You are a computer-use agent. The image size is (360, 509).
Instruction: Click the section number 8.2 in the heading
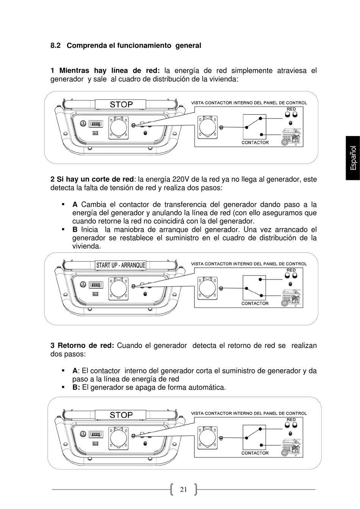tap(55, 46)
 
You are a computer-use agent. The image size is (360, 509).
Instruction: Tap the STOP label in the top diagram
tap(121, 105)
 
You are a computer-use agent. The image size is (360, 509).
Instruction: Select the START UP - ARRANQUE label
tap(121, 265)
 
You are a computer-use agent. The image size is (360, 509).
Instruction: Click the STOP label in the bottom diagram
tap(121, 415)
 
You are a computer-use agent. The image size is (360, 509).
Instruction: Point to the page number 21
tap(184, 489)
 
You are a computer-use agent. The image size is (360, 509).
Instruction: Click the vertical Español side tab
tap(353, 158)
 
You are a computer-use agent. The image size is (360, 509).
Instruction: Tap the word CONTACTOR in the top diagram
tap(255, 143)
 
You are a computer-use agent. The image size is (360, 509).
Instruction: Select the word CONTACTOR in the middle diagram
tap(255, 303)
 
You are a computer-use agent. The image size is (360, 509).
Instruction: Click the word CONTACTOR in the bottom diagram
tap(255, 453)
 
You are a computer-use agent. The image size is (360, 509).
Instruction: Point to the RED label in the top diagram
tap(291, 109)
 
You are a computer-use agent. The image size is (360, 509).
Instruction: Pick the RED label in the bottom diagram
tap(291, 420)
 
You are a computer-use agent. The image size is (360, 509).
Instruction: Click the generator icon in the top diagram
tap(292, 137)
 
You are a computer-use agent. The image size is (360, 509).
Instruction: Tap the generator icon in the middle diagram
tap(292, 298)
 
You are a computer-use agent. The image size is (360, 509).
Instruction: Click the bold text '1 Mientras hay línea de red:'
tap(105, 71)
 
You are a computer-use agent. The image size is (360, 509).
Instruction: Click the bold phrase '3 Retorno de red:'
tap(82, 345)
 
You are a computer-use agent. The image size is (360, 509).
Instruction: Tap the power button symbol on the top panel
tap(83, 123)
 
